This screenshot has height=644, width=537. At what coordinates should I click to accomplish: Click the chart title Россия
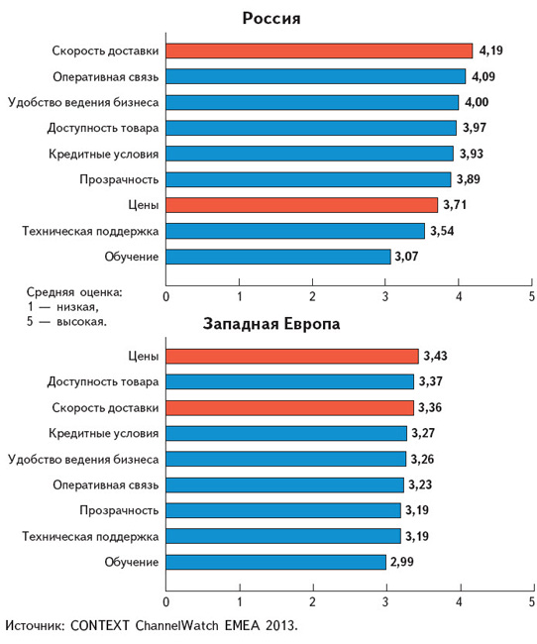[271, 19]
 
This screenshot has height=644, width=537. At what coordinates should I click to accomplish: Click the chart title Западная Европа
[271, 324]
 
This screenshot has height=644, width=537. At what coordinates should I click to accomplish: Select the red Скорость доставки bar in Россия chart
[319, 51]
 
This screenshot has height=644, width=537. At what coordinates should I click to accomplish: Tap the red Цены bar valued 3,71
[302, 205]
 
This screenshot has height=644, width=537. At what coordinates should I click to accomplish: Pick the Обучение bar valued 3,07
[278, 257]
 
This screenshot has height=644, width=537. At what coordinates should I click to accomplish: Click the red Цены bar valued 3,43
[292, 356]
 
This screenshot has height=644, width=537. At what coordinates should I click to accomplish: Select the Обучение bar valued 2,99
[276, 562]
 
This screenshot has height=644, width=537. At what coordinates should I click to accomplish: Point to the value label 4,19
[491, 51]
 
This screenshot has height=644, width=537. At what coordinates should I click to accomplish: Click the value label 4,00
[477, 102]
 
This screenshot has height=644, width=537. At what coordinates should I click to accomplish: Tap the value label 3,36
[430, 407]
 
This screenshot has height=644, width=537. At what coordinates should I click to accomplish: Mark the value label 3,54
[442, 231]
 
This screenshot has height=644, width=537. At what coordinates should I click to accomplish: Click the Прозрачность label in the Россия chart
[119, 179]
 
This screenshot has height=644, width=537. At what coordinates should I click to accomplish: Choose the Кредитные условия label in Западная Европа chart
[104, 433]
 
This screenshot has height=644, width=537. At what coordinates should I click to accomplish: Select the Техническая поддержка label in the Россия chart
[90, 231]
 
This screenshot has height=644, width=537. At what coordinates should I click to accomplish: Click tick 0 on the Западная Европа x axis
[166, 602]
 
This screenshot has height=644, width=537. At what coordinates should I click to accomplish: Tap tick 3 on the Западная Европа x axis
[385, 602]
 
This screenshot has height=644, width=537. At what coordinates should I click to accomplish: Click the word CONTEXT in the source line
[100, 625]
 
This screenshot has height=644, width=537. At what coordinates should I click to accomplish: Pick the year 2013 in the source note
[280, 625]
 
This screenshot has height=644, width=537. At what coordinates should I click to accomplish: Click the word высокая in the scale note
[81, 322]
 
